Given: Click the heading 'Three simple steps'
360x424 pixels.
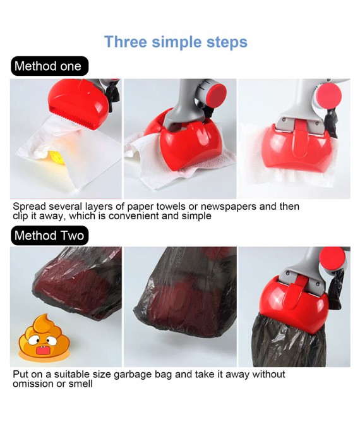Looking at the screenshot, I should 176,42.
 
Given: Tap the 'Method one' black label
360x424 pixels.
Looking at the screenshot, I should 48,66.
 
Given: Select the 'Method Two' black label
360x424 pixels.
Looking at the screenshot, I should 49,236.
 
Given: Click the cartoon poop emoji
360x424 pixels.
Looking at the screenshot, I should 35,338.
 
